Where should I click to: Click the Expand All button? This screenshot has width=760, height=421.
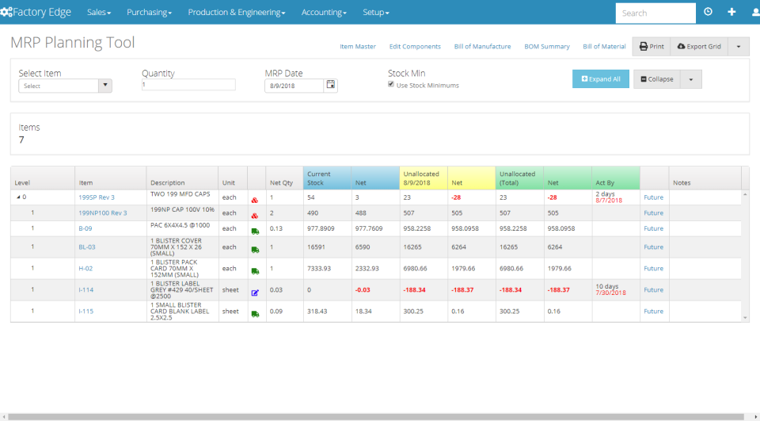(600, 79)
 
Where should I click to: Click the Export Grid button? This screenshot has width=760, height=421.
(698, 47)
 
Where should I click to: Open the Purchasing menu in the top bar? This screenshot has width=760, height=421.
(149, 13)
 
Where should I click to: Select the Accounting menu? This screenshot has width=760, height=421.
(323, 13)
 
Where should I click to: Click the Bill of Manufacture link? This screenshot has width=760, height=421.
(482, 47)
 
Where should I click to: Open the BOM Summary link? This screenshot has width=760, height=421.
(546, 47)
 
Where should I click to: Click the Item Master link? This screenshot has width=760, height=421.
(358, 47)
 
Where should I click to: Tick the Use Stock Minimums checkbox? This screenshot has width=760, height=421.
(391, 85)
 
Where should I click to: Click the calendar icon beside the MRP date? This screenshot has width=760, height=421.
(331, 85)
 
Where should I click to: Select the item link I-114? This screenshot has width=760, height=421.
(85, 290)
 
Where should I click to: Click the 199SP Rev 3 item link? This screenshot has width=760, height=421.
(97, 197)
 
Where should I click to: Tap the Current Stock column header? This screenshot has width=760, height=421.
(320, 178)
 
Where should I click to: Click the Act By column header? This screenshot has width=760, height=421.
(605, 182)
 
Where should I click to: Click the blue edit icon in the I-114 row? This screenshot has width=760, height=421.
(255, 293)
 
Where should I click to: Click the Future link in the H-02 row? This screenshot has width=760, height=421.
(653, 269)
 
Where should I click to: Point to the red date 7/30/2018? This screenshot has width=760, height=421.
(610, 294)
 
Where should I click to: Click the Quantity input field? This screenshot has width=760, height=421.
(188, 85)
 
